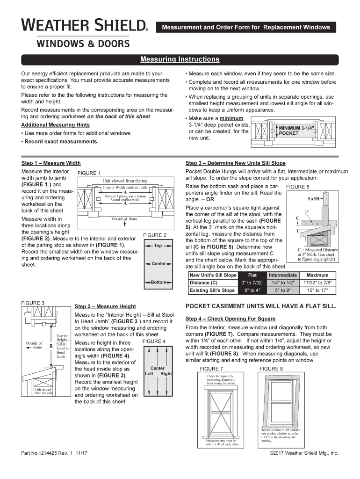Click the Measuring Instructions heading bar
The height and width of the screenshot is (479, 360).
pyautogui.click(x=180, y=59)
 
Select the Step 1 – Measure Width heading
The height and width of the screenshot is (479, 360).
pyautogui.click(x=51, y=163)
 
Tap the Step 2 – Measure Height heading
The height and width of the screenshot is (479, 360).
pyautogui.click(x=105, y=306)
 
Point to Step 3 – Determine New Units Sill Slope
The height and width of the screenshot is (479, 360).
pyautogui.click(x=235, y=163)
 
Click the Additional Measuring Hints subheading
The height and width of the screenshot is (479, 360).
pyautogui.click(x=56, y=125)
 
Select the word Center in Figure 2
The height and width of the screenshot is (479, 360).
pyautogui.click(x=158, y=264)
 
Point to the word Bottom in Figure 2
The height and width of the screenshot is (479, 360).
pyautogui.click(x=158, y=283)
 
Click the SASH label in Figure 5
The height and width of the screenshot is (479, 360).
pyautogui.click(x=314, y=198)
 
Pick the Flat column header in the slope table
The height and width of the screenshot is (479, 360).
pyautogui.click(x=252, y=275)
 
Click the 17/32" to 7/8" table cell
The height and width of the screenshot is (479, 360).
pyautogui.click(x=318, y=283)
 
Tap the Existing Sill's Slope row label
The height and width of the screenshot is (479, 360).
pyautogui.click(x=212, y=290)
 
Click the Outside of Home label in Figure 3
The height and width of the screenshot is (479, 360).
pyautogui.click(x=34, y=345)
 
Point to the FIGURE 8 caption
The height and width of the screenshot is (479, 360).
pyautogui.click(x=271, y=369)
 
